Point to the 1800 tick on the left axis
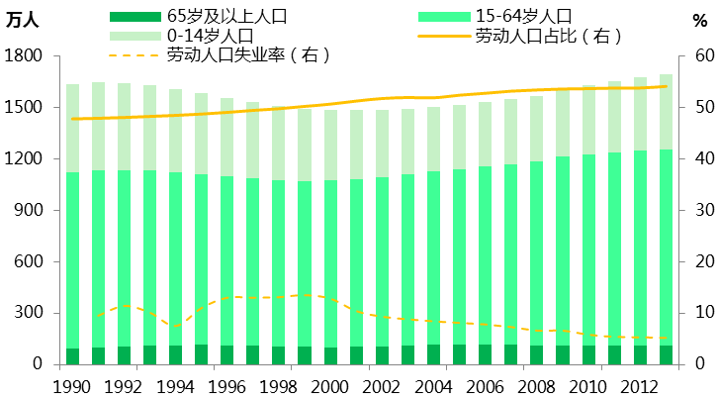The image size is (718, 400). (23, 56)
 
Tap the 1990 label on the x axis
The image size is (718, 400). (72, 385)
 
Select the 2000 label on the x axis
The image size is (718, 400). (330, 385)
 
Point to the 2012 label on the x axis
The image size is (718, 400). (639, 385)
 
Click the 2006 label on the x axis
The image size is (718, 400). (485, 385)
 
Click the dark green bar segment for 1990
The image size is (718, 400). (73, 356)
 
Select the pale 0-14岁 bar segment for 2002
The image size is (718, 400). (382, 144)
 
